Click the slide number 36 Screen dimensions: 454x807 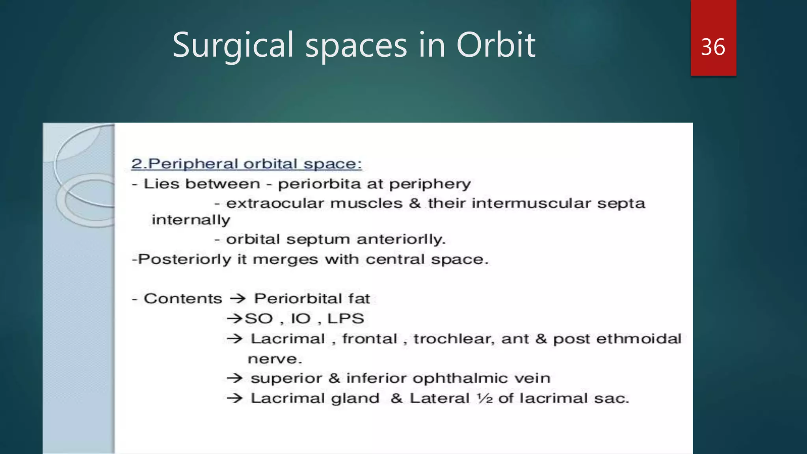pos(713,47)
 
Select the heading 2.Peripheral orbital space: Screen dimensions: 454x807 pos(247,164)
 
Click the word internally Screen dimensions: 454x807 pos(191,220)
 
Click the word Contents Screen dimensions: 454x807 pos(183,299)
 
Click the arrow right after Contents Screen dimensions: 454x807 pos(238,299)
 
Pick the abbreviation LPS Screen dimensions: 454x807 pos(346,318)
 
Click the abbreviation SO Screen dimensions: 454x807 pos(258,318)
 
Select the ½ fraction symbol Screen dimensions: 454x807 pos(484,398)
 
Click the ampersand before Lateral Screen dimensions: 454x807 pos(396,398)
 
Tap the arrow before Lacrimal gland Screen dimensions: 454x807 pos(235,398)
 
